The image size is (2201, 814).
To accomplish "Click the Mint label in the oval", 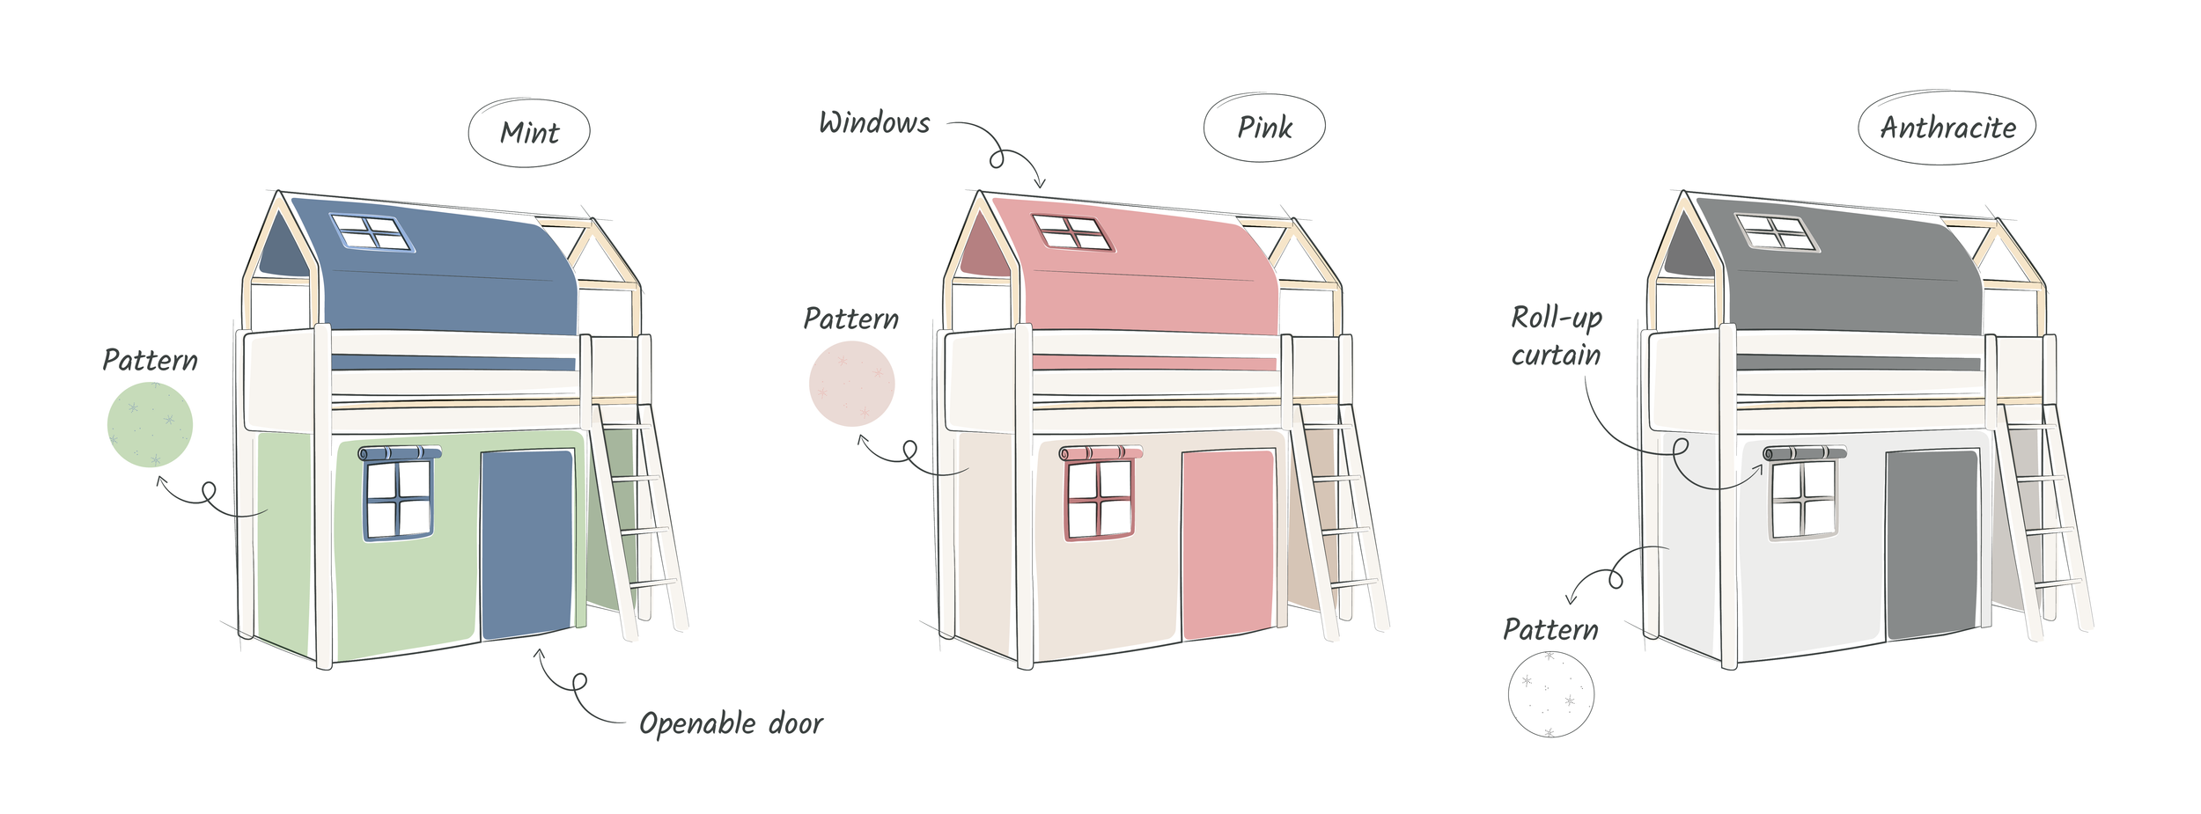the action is pos(529,133).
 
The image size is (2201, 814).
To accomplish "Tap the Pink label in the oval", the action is pos(1264,128).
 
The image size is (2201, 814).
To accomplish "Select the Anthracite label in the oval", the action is pos(1947,128).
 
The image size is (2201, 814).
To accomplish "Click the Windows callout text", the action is pos(874,123).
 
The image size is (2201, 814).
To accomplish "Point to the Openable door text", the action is pos(731,723).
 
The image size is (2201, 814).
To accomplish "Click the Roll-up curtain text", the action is pos(1556,336).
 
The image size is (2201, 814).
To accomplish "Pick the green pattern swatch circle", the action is pos(150,424).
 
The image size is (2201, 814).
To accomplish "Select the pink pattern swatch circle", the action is pos(851,384).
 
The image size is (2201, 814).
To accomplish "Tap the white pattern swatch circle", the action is pos(1550,694).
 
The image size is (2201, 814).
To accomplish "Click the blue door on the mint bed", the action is pos(526,544).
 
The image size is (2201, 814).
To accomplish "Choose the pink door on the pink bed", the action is pos(1227,544).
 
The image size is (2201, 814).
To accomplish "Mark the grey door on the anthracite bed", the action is pos(1931,544).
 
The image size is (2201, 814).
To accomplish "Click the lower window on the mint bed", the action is pos(399,499).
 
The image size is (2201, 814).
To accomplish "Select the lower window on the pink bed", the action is pos(1099,499).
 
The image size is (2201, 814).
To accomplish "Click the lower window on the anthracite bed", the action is pos(1803,499).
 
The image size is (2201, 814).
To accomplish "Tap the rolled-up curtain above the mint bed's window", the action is pos(400,453).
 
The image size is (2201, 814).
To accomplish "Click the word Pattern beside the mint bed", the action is pos(150,360).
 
